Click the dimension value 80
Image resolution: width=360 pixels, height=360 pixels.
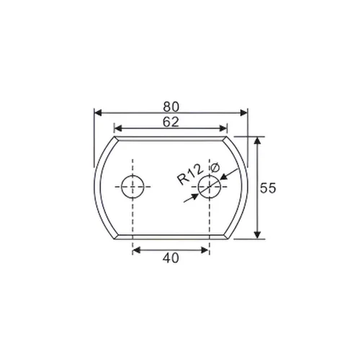pos(171,105)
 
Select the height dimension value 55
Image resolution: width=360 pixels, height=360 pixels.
pos(268,189)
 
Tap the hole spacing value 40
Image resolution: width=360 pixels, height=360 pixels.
pos(171,256)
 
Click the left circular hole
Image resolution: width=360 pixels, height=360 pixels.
pos(132,186)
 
